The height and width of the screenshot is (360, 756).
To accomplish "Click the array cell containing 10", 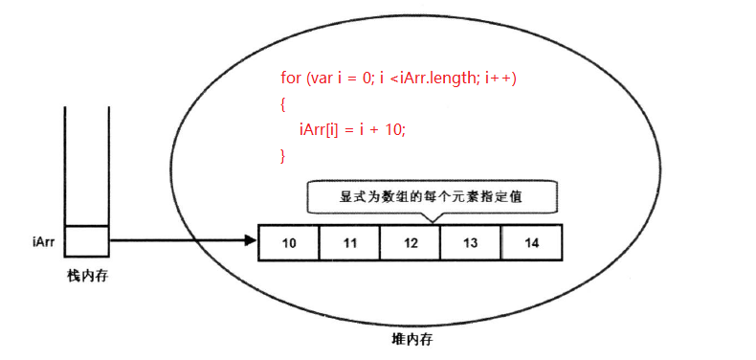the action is pyautogui.click(x=289, y=243).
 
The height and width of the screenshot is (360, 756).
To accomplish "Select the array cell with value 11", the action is pyautogui.click(x=349, y=243).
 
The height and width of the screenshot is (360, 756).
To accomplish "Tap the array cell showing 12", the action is pyautogui.click(x=411, y=243).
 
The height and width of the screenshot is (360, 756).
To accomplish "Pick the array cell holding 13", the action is pyautogui.click(x=470, y=243).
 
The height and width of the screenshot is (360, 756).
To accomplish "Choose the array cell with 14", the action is pyautogui.click(x=531, y=243).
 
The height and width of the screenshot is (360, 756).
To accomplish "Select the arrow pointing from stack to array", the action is pyautogui.click(x=182, y=240).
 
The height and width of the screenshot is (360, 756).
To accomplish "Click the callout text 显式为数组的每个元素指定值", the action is pyautogui.click(x=434, y=197).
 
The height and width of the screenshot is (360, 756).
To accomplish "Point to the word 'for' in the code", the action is pyautogui.click(x=291, y=78).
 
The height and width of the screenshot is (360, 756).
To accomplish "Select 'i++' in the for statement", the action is pyautogui.click(x=501, y=78).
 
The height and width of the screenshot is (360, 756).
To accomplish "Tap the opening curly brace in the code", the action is pyautogui.click(x=283, y=102).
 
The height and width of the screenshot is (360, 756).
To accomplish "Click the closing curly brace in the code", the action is pyautogui.click(x=283, y=154).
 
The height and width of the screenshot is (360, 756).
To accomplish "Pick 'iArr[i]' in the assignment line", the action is pyautogui.click(x=320, y=129).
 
